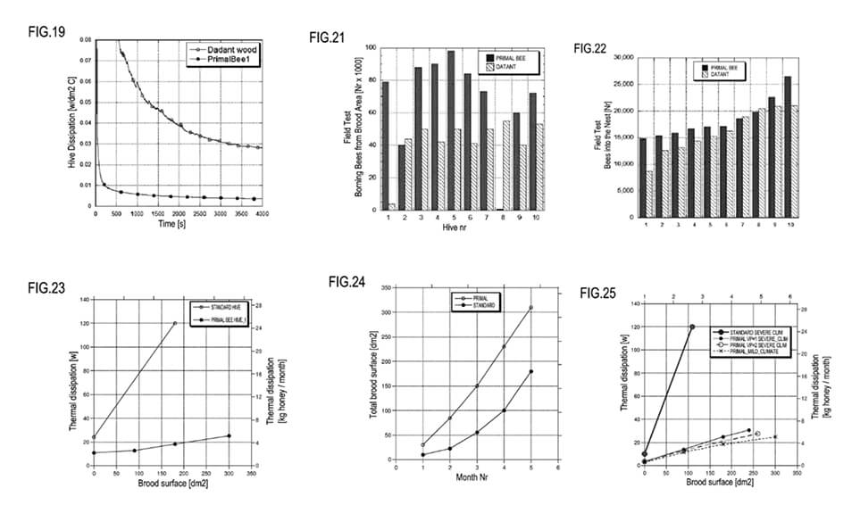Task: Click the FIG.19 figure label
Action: tap(44, 30)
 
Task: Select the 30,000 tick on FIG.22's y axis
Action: tap(620, 57)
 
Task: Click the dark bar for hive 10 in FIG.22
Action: tap(788, 147)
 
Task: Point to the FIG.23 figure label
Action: tap(44, 287)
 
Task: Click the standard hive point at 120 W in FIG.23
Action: tap(175, 323)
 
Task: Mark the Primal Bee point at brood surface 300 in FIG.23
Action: tap(230, 435)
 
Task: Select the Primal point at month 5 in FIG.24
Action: tap(530, 308)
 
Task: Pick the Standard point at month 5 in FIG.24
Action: tap(530, 371)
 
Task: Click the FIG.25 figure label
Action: tap(598, 293)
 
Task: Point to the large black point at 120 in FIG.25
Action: tap(692, 327)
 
